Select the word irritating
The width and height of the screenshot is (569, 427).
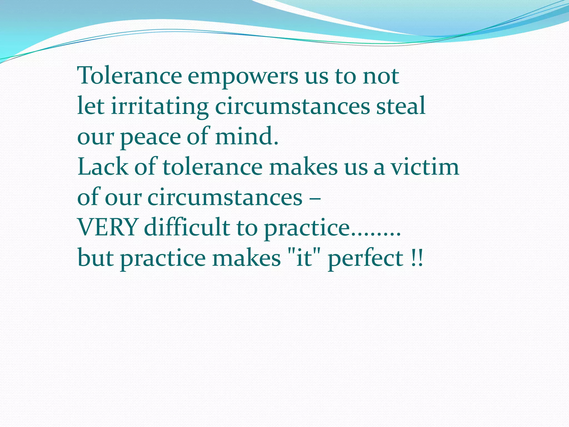coord(160,107)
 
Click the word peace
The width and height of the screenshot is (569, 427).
coord(150,137)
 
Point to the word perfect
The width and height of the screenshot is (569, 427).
coord(366,259)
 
